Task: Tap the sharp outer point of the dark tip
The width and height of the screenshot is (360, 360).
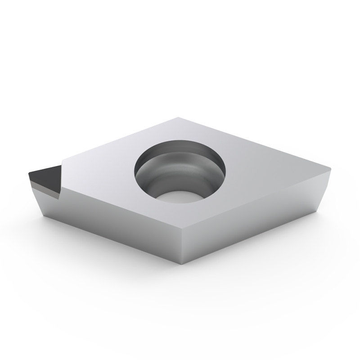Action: (28, 172)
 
